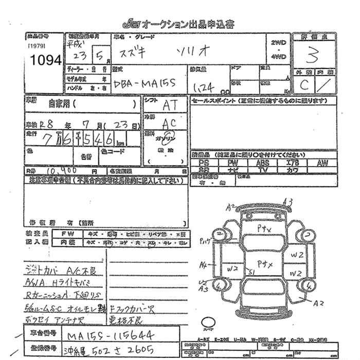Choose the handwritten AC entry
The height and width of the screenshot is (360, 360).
click(167, 124)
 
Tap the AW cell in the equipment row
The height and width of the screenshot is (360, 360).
click(322, 163)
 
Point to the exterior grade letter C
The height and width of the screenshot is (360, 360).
click(304, 85)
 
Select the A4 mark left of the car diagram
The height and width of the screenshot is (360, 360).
click(203, 265)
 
